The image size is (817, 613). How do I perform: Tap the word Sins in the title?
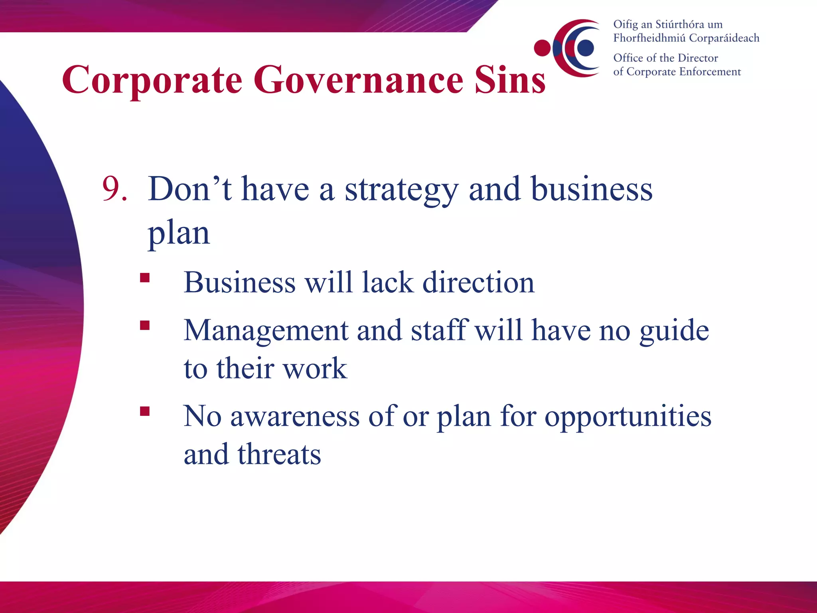point(510,80)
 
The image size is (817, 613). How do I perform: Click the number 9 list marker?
point(114,189)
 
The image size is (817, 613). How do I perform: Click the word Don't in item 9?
point(189,189)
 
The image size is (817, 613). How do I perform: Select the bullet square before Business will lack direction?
point(145,278)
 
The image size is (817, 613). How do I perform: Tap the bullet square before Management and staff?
point(145,326)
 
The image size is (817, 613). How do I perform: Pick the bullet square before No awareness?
point(145,411)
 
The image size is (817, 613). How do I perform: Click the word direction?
point(478,283)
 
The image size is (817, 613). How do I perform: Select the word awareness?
point(295,417)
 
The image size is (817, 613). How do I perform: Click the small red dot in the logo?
point(542,48)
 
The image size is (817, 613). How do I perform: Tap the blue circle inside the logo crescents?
point(585,48)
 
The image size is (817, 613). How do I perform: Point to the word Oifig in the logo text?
point(626,25)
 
